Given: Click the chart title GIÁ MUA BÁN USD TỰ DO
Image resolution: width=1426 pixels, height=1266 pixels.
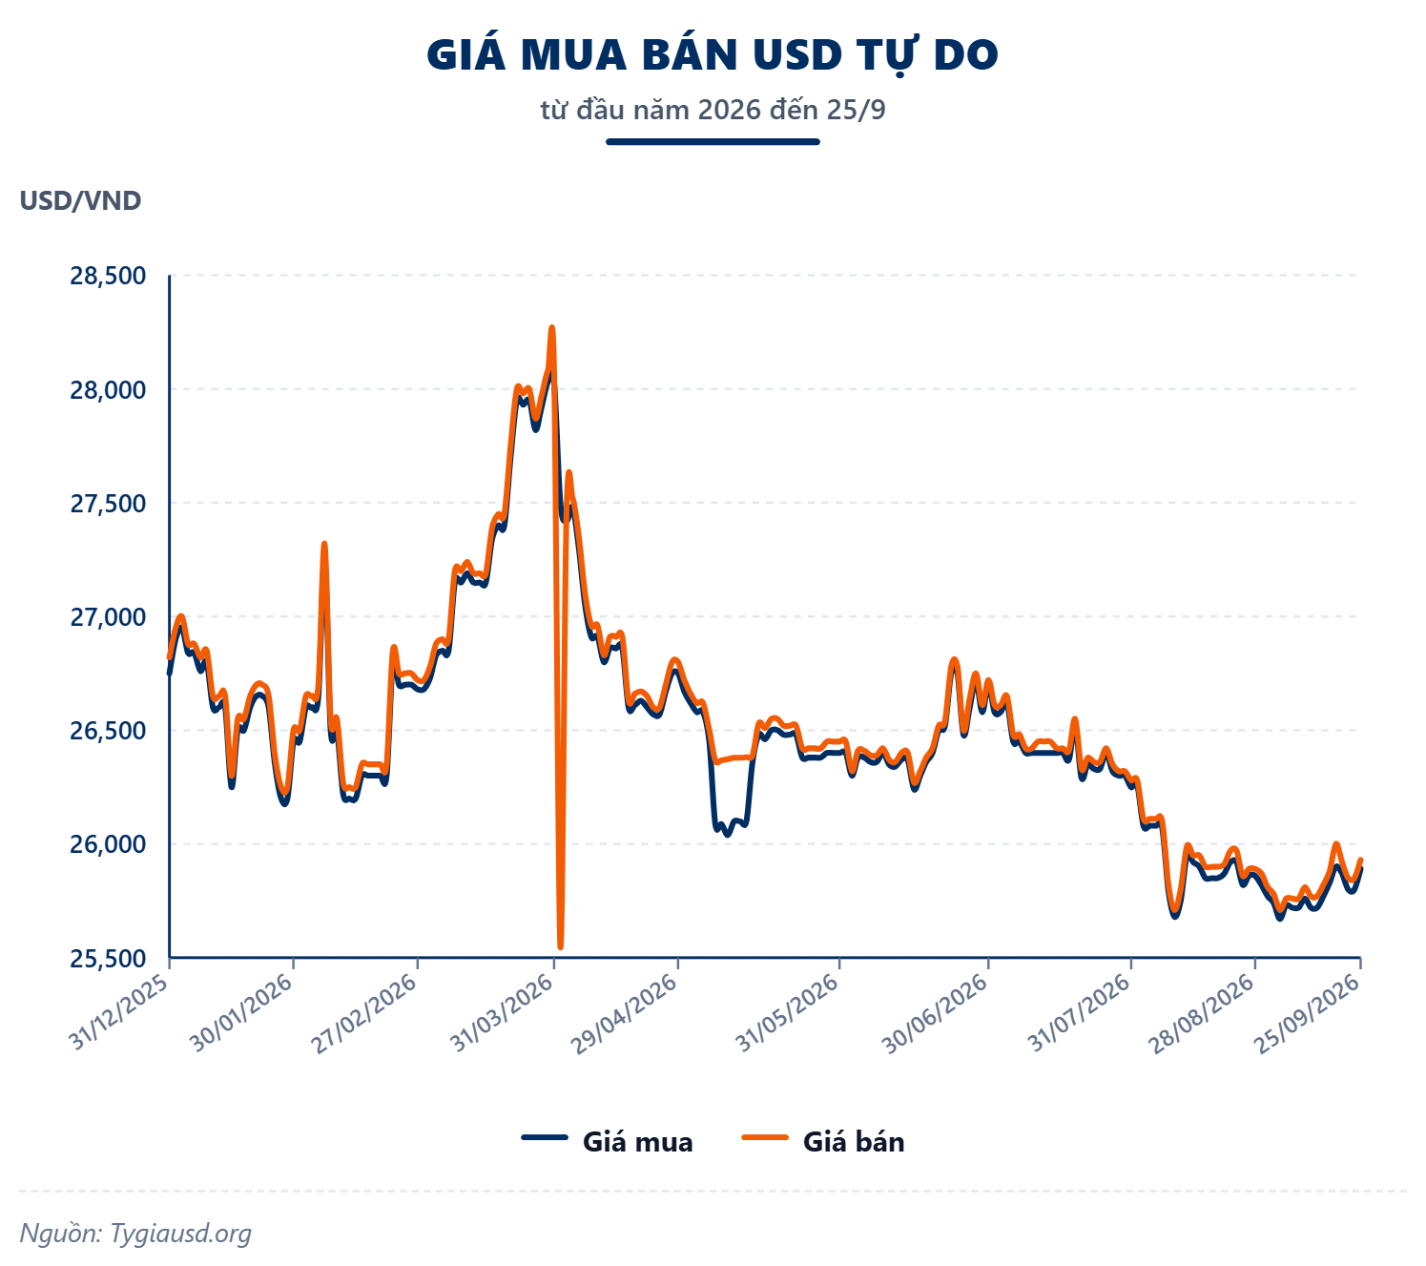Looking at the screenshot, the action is [x=713, y=55].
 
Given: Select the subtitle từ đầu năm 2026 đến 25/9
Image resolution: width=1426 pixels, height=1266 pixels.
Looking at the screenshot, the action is [x=713, y=110].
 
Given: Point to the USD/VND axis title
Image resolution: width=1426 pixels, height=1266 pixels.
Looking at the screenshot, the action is [x=80, y=200].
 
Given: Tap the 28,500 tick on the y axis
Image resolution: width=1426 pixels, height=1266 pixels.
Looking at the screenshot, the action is [x=108, y=276].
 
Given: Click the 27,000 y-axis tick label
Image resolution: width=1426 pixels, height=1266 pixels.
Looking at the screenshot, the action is [x=108, y=617].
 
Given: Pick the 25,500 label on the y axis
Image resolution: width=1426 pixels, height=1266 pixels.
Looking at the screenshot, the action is [x=108, y=959].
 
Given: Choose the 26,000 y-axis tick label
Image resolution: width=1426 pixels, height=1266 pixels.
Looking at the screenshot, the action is [x=108, y=845].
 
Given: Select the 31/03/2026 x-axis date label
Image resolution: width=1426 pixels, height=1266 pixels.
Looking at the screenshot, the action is [x=502, y=1014].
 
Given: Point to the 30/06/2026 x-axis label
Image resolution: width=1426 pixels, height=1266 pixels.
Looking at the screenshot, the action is [x=936, y=1014].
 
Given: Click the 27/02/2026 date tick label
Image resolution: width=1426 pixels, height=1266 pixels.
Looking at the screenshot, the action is [x=364, y=1014].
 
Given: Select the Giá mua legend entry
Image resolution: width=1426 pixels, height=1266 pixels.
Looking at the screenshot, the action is [x=608, y=1141].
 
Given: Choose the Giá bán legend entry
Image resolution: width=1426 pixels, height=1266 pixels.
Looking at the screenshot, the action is [x=823, y=1141].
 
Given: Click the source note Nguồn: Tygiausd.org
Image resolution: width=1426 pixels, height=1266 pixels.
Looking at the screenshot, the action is [x=135, y=1233].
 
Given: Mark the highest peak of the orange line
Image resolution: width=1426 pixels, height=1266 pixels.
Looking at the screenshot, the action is [x=552, y=327].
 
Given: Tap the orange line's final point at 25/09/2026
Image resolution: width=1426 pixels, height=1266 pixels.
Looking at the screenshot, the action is [x=1360, y=860].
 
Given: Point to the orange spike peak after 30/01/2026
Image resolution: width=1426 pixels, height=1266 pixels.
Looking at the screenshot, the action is [x=323, y=544].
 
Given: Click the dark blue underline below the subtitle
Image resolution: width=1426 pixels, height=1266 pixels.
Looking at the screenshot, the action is [x=713, y=141].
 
